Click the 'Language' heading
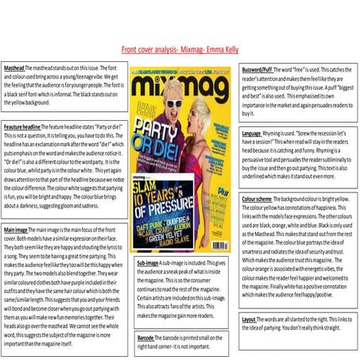[252, 133]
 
